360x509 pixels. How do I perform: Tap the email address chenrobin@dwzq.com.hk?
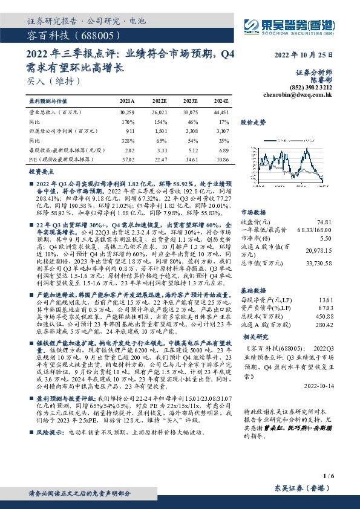click(x=299, y=95)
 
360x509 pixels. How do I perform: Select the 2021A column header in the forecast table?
click(x=127, y=102)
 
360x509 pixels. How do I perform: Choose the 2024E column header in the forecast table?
click(x=221, y=102)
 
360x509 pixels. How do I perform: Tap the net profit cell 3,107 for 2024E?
click(x=221, y=130)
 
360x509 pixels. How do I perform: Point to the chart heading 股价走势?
click(x=253, y=122)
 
